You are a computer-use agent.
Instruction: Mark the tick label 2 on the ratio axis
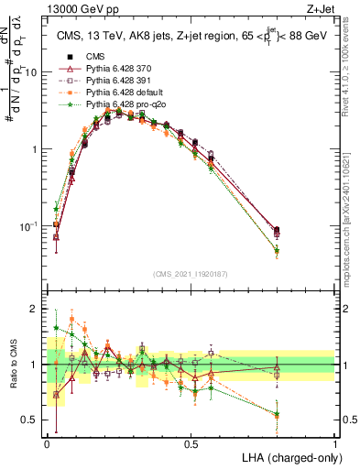[36, 309]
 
